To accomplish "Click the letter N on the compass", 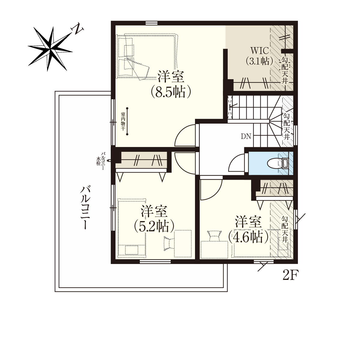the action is (77, 29).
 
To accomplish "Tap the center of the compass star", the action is (50, 49).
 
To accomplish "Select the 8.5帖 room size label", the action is (171, 92).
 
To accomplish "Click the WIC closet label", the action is (259, 50).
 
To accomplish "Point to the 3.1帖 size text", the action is (259, 61).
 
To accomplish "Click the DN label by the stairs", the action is (246, 136).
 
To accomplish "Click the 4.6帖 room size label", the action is (248, 237).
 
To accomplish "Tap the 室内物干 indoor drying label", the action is (123, 121).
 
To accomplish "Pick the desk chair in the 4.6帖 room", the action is (214, 236).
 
